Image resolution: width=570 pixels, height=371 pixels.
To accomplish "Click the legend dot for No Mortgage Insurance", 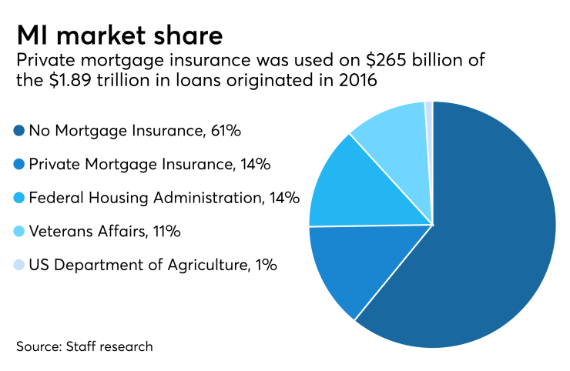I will pyautogui.click(x=18, y=132).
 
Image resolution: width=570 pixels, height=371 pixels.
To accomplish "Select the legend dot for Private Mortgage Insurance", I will pyautogui.click(x=18, y=165).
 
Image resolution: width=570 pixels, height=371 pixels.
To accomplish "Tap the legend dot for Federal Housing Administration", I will pyautogui.click(x=18, y=199).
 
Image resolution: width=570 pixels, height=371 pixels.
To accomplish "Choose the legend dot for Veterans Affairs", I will pyautogui.click(x=18, y=232).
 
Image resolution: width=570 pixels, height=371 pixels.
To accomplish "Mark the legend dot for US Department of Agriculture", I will pyautogui.click(x=18, y=266).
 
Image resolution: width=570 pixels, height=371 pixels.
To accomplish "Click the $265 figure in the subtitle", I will pyautogui.click(x=316, y=61).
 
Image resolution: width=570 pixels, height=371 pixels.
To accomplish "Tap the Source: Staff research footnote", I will pyautogui.click(x=83, y=346).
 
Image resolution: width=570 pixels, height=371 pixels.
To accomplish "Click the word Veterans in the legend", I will pyautogui.click(x=59, y=232).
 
